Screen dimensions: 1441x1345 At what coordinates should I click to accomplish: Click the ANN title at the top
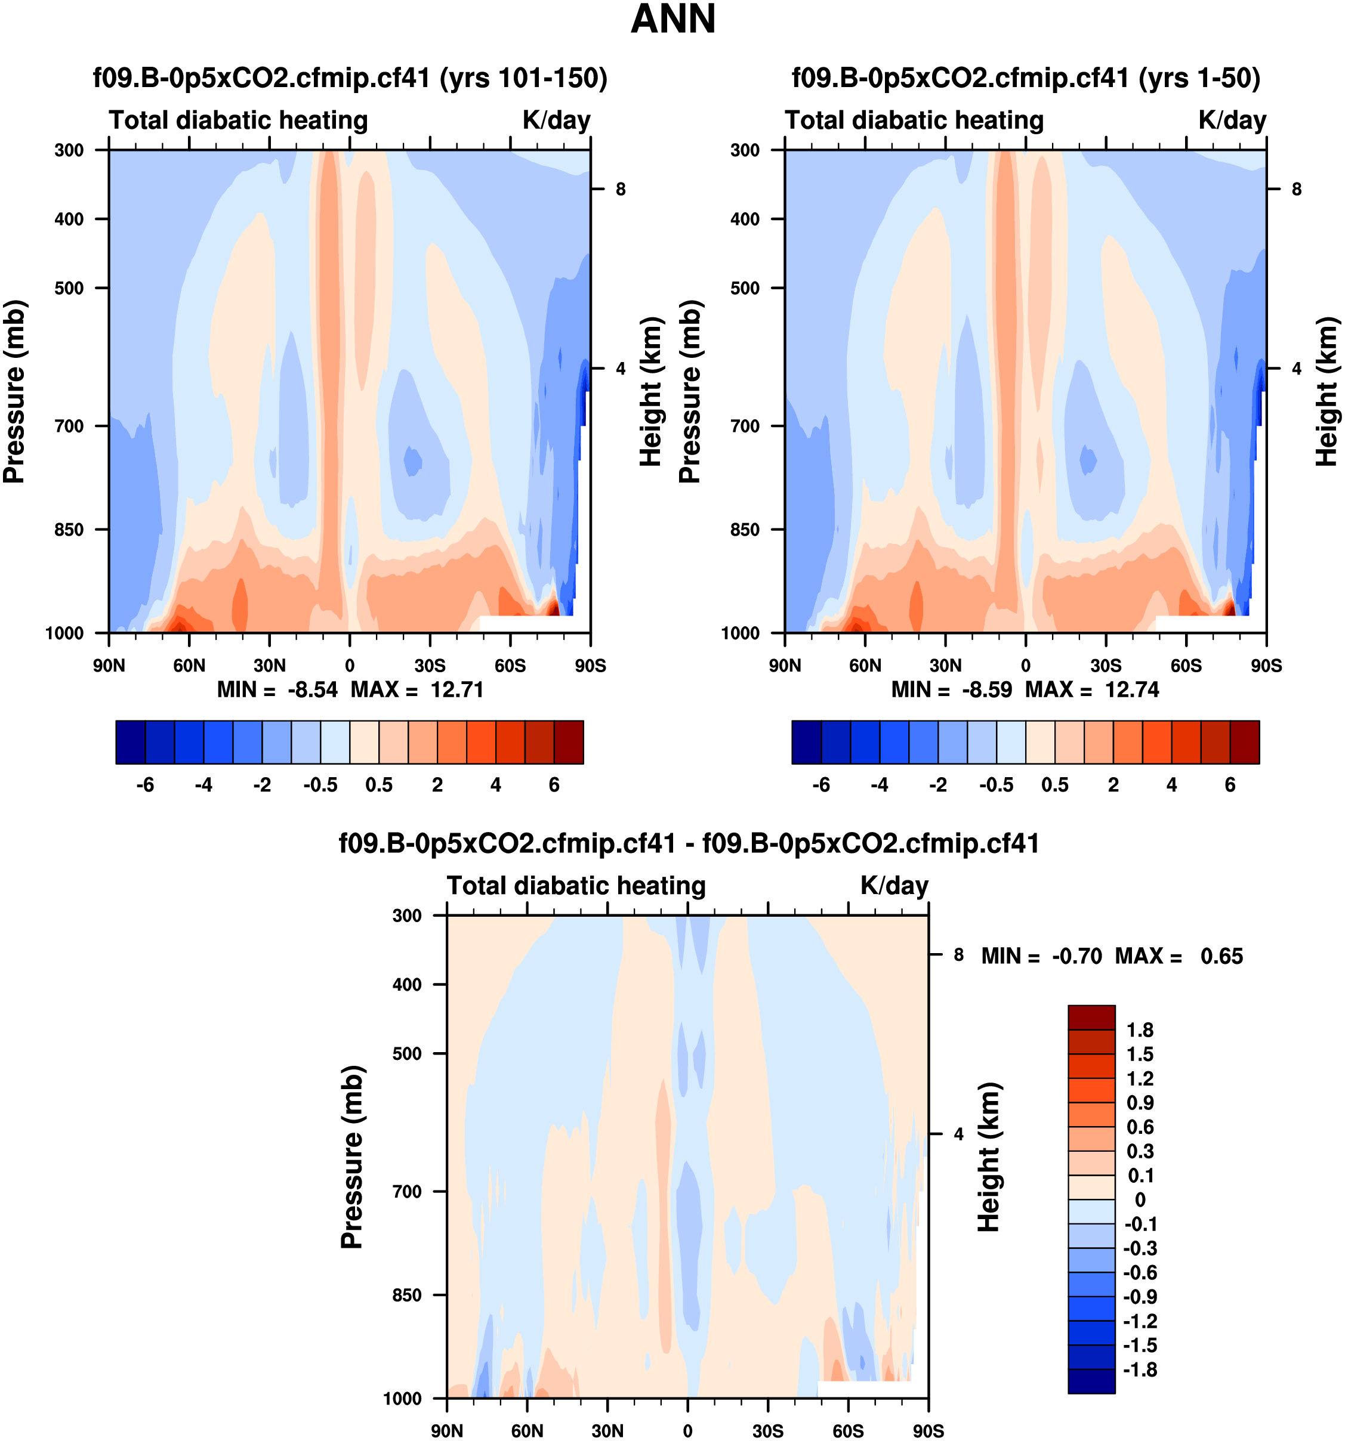click(x=673, y=20)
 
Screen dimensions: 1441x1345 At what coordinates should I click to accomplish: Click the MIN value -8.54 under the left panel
click(x=313, y=689)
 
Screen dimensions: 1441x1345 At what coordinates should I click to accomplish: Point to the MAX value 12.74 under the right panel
click(x=1132, y=689)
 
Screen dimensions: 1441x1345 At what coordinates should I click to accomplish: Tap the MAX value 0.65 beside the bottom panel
click(x=1221, y=956)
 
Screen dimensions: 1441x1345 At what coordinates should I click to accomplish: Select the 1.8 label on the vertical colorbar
click(x=1140, y=1030)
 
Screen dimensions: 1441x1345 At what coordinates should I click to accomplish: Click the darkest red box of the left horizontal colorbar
click(x=569, y=742)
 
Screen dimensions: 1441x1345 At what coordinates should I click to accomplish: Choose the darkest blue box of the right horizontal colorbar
click(x=806, y=742)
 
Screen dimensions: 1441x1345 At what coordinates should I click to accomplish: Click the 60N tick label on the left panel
click(x=189, y=666)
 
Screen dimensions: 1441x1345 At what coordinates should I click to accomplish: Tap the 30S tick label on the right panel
click(x=1106, y=666)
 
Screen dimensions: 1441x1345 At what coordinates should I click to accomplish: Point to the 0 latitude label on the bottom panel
click(x=687, y=1431)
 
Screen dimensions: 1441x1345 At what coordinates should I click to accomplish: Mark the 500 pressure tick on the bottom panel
click(x=408, y=1053)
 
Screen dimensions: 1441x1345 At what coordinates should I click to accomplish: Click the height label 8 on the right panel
click(x=1297, y=189)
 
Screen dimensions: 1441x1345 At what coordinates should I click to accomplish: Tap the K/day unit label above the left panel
click(x=556, y=120)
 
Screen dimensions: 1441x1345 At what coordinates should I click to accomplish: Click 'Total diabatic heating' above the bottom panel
click(x=576, y=886)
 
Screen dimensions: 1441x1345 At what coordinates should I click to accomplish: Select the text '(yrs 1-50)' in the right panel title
click(x=1199, y=78)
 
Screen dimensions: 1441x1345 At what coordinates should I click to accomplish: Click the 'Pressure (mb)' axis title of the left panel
click(x=14, y=391)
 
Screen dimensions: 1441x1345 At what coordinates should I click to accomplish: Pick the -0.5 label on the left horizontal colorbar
click(x=320, y=785)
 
